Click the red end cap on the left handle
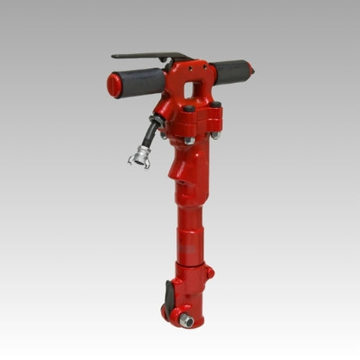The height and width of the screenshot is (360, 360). click(x=114, y=85)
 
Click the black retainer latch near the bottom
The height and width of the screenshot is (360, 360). click(x=169, y=297)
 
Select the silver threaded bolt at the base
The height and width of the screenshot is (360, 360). click(x=187, y=320)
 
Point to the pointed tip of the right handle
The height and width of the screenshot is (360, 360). click(x=251, y=70)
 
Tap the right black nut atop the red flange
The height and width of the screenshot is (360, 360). click(x=215, y=104)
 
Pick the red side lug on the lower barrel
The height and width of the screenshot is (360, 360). click(x=209, y=272)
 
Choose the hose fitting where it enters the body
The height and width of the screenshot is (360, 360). click(x=162, y=120)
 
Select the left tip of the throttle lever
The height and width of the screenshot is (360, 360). click(x=115, y=56)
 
